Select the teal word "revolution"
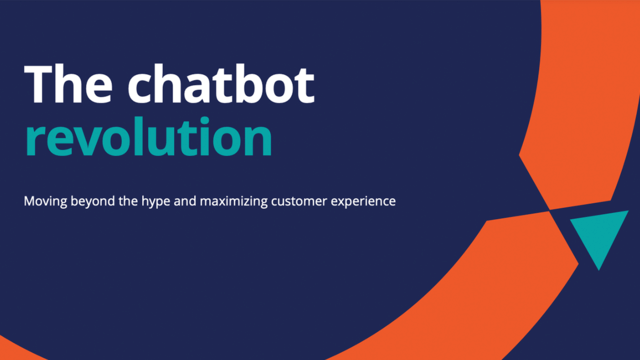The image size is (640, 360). (148, 139)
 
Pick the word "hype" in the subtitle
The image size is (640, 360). (163, 202)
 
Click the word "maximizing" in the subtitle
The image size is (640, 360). (244, 201)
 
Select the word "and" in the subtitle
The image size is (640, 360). (197, 201)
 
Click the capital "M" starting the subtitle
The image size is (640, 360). (30, 201)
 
